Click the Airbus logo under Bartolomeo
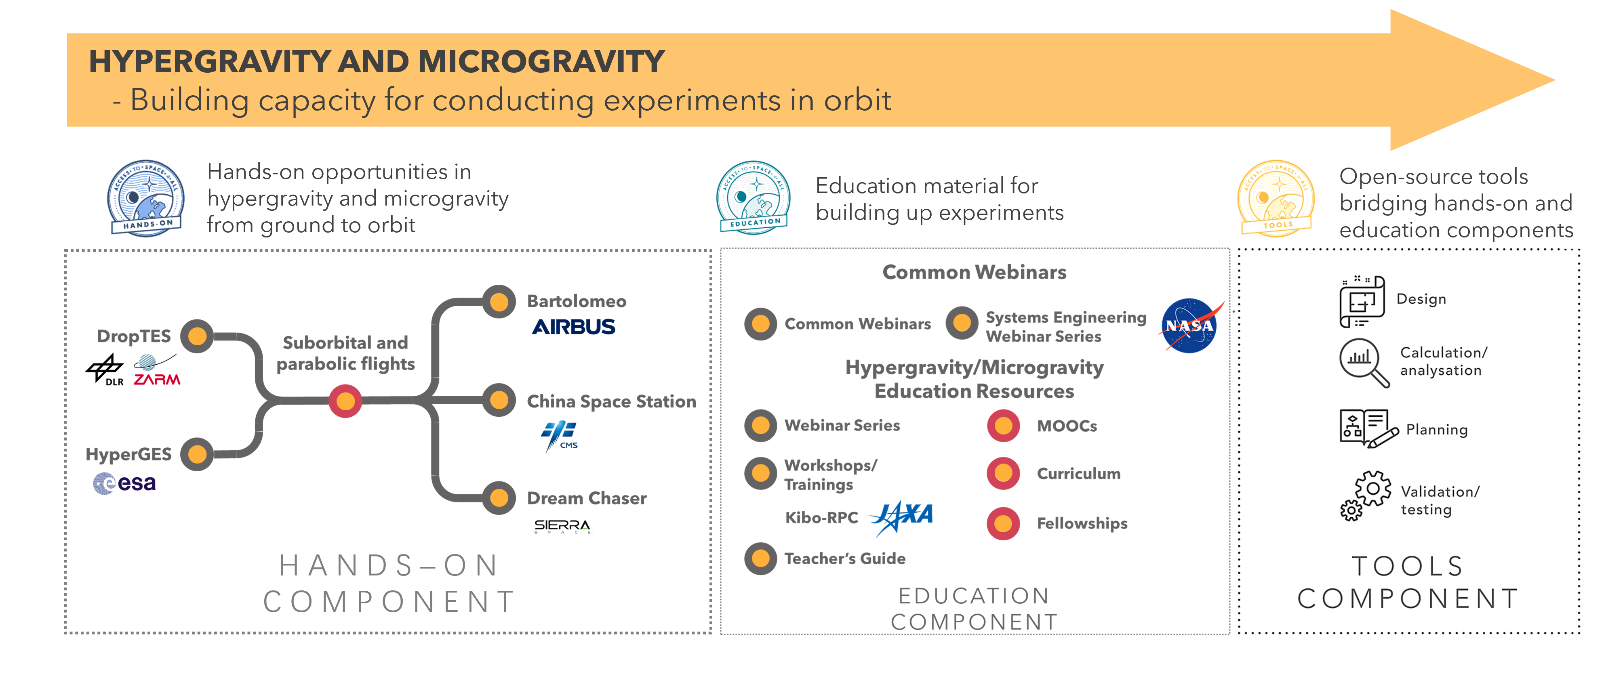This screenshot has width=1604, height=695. [x=573, y=327]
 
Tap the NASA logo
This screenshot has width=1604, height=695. [x=1190, y=326]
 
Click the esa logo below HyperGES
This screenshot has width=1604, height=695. [x=124, y=483]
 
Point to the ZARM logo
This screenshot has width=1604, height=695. [x=156, y=371]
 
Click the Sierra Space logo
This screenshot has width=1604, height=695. [x=562, y=526]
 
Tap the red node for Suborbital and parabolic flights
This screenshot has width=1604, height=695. [x=345, y=401]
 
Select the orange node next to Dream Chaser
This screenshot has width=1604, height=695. [x=499, y=498]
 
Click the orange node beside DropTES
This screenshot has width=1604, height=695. [x=198, y=336]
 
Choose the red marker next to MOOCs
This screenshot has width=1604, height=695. [x=1003, y=426]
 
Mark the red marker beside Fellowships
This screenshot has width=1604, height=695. [x=1003, y=523]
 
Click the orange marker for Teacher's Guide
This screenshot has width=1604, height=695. [x=760, y=558]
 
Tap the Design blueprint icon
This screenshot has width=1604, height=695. [x=1362, y=301]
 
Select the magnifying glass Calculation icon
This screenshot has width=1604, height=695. [x=1364, y=363]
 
